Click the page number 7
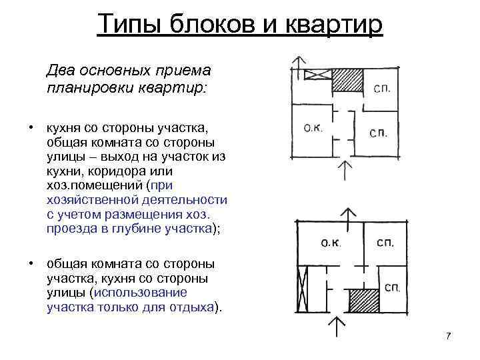448,335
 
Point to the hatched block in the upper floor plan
347,81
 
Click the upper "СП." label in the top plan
382,87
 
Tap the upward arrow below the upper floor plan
344,169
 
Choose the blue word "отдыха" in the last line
193,309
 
